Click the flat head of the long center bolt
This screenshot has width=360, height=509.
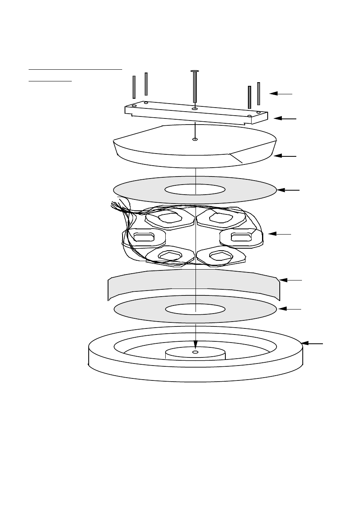(x=195, y=71)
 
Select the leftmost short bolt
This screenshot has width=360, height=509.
(x=134, y=87)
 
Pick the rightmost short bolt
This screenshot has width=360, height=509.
(x=258, y=93)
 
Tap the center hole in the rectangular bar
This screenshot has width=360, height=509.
(x=195, y=108)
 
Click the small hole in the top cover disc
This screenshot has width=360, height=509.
(x=195, y=139)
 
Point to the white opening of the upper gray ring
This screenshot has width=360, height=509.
(x=195, y=189)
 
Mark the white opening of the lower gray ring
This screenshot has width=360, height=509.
(x=195, y=309)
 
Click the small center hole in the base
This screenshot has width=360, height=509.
(x=196, y=352)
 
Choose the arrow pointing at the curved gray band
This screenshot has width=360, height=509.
(x=290, y=280)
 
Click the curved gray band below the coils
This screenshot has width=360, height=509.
(x=194, y=282)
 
